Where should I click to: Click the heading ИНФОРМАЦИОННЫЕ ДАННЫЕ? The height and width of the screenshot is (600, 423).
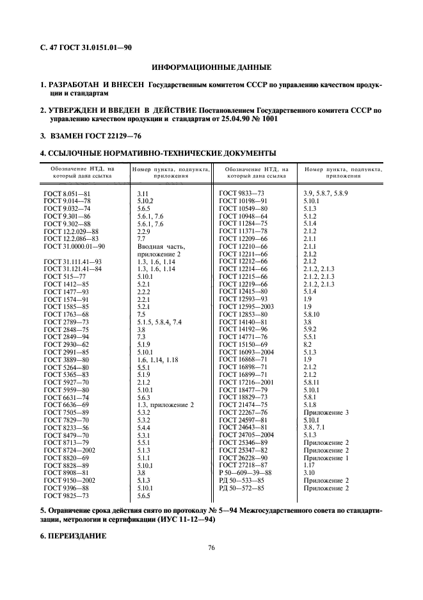pyautogui.click(x=211, y=67)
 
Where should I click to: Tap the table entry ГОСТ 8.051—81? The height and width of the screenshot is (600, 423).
pyautogui.click(x=67, y=192)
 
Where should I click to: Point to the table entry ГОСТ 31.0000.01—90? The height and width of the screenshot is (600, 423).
pyautogui.click(x=74, y=246)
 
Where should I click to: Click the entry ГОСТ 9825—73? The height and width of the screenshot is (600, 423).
pyautogui.click(x=67, y=478)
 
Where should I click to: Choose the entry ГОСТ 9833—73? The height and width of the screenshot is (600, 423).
pyautogui.click(x=241, y=192)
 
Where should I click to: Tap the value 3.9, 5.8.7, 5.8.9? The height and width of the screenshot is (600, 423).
pyautogui.click(x=325, y=192)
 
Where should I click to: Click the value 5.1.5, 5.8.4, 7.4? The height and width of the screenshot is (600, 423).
pyautogui.click(x=159, y=321)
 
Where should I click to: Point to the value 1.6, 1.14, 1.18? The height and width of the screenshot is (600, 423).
pyautogui.click(x=157, y=360)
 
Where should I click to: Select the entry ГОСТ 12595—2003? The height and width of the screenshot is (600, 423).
pyautogui.click(x=246, y=306)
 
